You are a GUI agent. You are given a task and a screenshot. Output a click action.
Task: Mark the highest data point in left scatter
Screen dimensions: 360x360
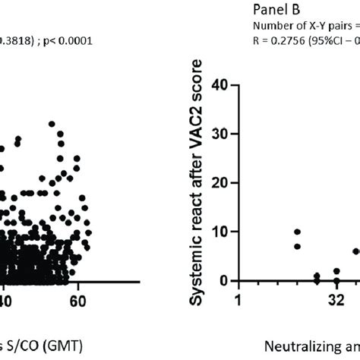point(52,123)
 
